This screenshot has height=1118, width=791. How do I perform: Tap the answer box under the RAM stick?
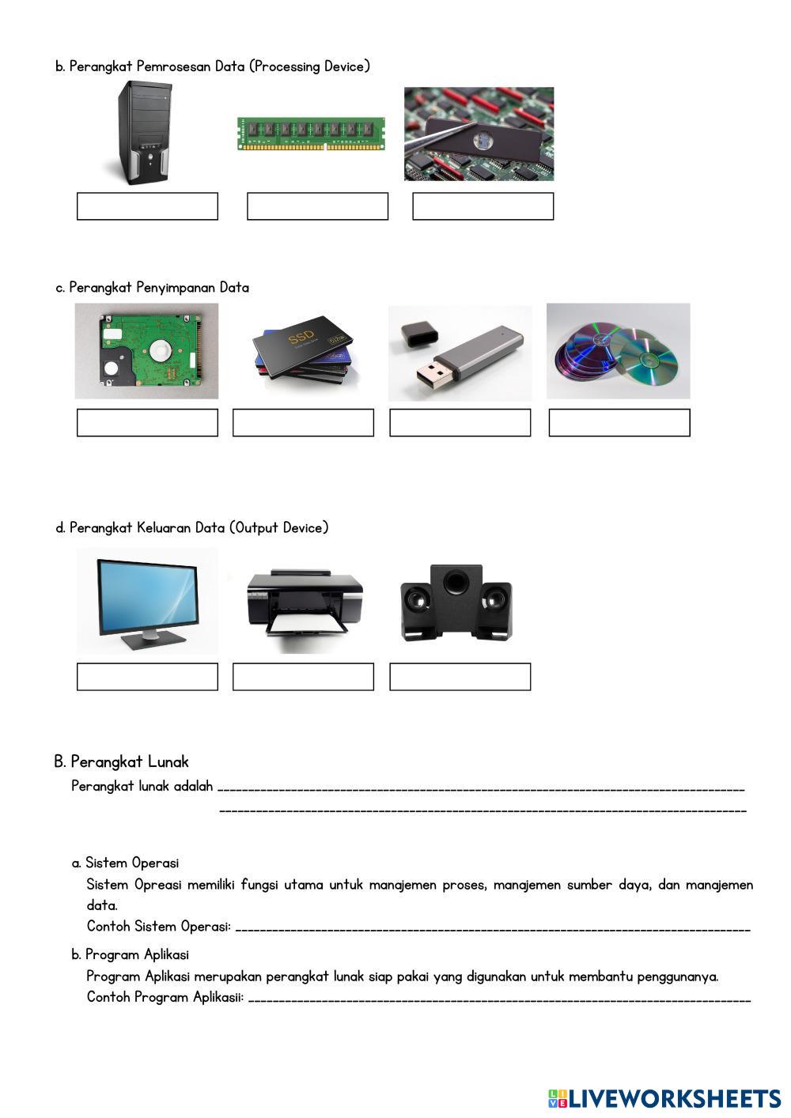(317, 206)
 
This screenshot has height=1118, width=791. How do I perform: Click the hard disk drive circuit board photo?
(147, 351)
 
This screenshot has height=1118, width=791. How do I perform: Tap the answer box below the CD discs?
(619, 423)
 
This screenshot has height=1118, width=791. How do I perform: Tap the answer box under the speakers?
(460, 678)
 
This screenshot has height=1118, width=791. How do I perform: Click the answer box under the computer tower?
(147, 206)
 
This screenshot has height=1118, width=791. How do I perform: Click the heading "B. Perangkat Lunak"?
(121, 762)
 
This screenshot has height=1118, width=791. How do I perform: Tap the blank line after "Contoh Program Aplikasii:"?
(498, 999)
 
